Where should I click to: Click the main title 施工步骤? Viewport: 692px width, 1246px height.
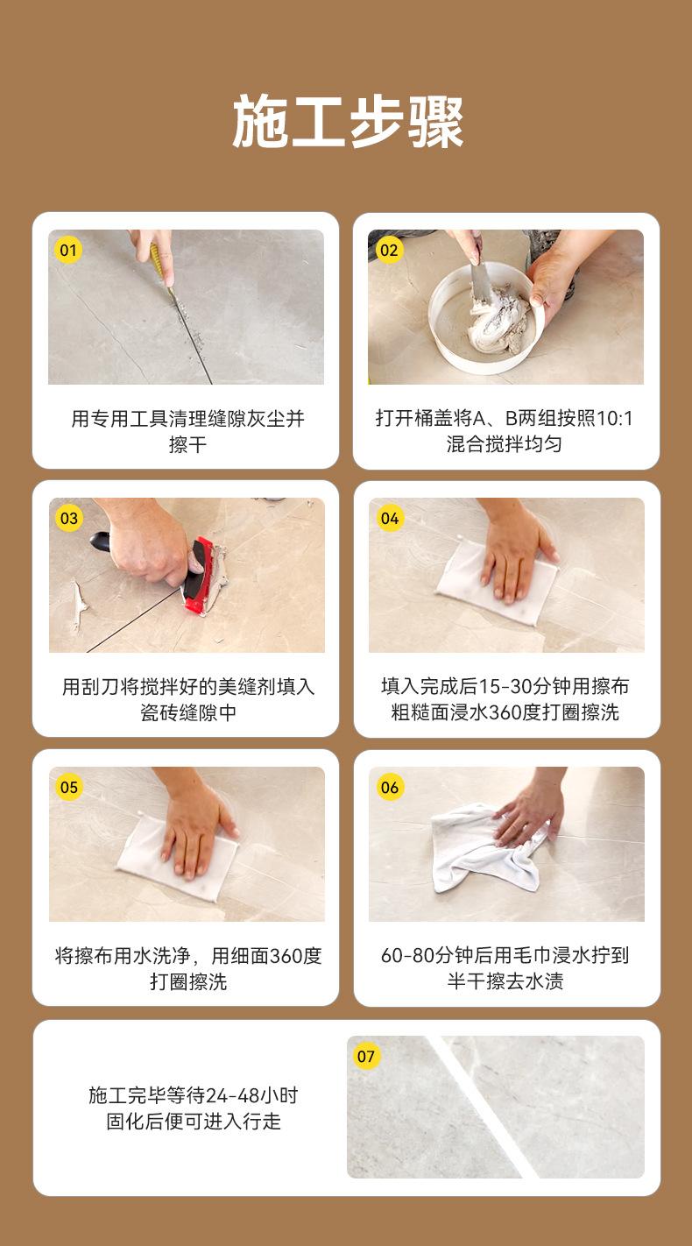[348, 122]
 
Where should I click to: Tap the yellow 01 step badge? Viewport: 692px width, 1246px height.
[67, 250]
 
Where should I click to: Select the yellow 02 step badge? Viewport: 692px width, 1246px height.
[389, 250]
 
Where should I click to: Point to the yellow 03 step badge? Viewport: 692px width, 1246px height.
[69, 519]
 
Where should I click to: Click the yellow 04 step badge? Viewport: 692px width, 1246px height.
[390, 519]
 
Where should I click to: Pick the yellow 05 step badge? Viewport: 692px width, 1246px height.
[69, 787]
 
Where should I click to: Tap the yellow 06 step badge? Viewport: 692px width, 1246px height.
[390, 787]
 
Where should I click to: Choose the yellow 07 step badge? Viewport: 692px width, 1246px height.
[366, 1056]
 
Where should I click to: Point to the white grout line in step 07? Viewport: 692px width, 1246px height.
[483, 1107]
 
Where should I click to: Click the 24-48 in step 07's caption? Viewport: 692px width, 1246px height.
[232, 1095]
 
